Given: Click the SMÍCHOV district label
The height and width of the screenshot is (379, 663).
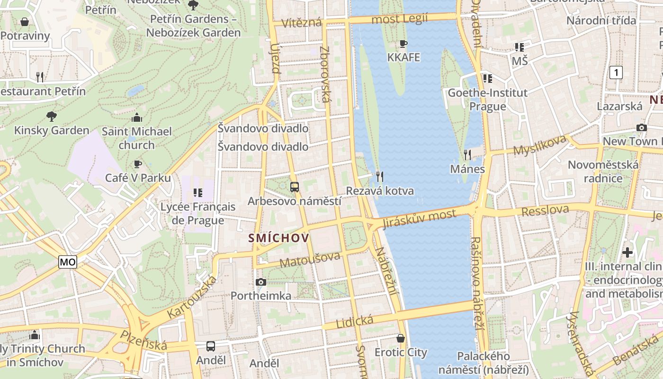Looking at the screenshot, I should (279, 238).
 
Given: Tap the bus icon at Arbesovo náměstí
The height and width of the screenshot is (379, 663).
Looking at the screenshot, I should (295, 187).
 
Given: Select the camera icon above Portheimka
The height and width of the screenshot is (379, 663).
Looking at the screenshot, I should (260, 282).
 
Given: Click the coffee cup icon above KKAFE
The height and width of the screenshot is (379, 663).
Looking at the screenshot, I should (403, 44).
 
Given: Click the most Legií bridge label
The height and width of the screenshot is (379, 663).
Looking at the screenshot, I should (400, 19).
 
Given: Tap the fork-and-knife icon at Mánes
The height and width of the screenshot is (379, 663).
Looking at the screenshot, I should (467, 154).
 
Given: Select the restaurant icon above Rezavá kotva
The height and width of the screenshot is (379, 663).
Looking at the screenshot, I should (380, 177).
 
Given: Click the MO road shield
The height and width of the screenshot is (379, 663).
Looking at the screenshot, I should (68, 262).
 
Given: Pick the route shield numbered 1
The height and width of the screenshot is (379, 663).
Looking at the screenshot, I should (616, 72).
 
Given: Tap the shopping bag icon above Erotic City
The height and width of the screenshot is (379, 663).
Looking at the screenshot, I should (401, 338).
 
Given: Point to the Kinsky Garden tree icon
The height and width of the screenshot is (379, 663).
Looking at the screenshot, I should (52, 116).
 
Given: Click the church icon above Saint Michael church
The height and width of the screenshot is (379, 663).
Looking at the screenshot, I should (137, 117).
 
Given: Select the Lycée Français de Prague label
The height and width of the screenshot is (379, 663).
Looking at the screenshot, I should (198, 214).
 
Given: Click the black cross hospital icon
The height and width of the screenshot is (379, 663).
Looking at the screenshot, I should (628, 253).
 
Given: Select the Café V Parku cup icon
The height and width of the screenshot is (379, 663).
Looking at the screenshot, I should (137, 164).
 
